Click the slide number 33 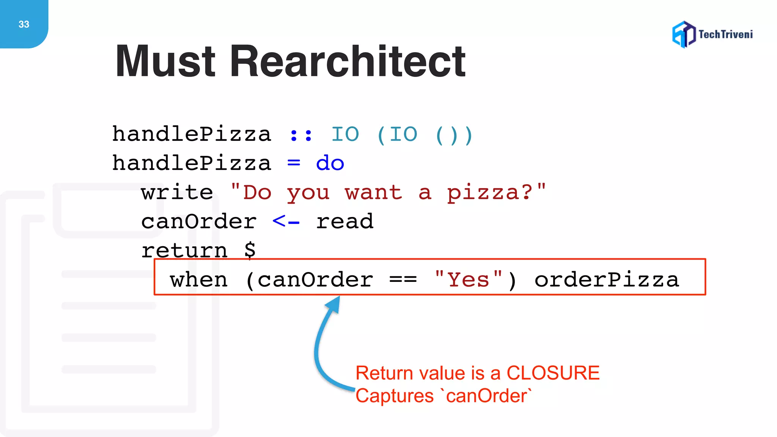[24, 24]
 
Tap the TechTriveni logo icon [684, 35]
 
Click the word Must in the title [165, 61]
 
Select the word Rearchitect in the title [347, 61]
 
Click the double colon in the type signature [300, 135]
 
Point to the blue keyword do [330, 163]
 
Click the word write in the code [177, 192]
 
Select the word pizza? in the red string [489, 193]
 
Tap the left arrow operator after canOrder [286, 221]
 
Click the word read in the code [344, 222]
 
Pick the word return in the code [184, 251]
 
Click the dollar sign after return [250, 250]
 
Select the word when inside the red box [199, 280]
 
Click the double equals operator [403, 280]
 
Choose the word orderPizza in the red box [606, 280]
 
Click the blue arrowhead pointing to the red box [333, 304]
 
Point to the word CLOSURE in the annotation [553, 373]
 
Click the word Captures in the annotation [394, 396]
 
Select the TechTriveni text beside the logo [725, 35]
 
